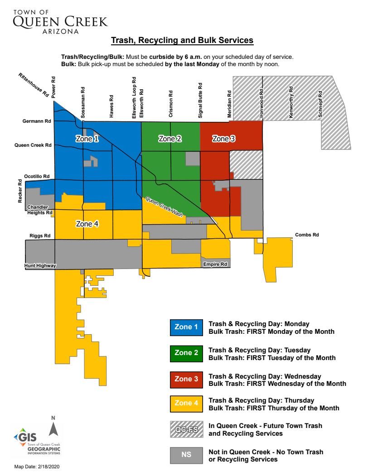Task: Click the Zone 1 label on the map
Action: [x=87, y=139]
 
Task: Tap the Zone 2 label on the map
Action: [x=170, y=139]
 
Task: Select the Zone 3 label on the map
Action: [x=224, y=139]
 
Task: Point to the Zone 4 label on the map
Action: [x=87, y=223]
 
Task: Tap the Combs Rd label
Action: [x=307, y=235]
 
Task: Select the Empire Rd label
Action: [x=215, y=264]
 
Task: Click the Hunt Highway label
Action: [x=40, y=266]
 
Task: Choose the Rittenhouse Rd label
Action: [x=34, y=85]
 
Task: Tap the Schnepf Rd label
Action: [x=320, y=105]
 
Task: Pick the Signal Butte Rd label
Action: [x=200, y=101]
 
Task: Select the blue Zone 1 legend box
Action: [x=186, y=327]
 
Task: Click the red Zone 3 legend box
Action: [x=186, y=379]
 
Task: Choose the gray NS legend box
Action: [x=186, y=455]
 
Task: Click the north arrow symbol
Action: [x=53, y=428]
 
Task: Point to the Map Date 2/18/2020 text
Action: [x=37, y=466]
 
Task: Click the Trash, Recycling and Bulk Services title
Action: [x=182, y=41]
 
